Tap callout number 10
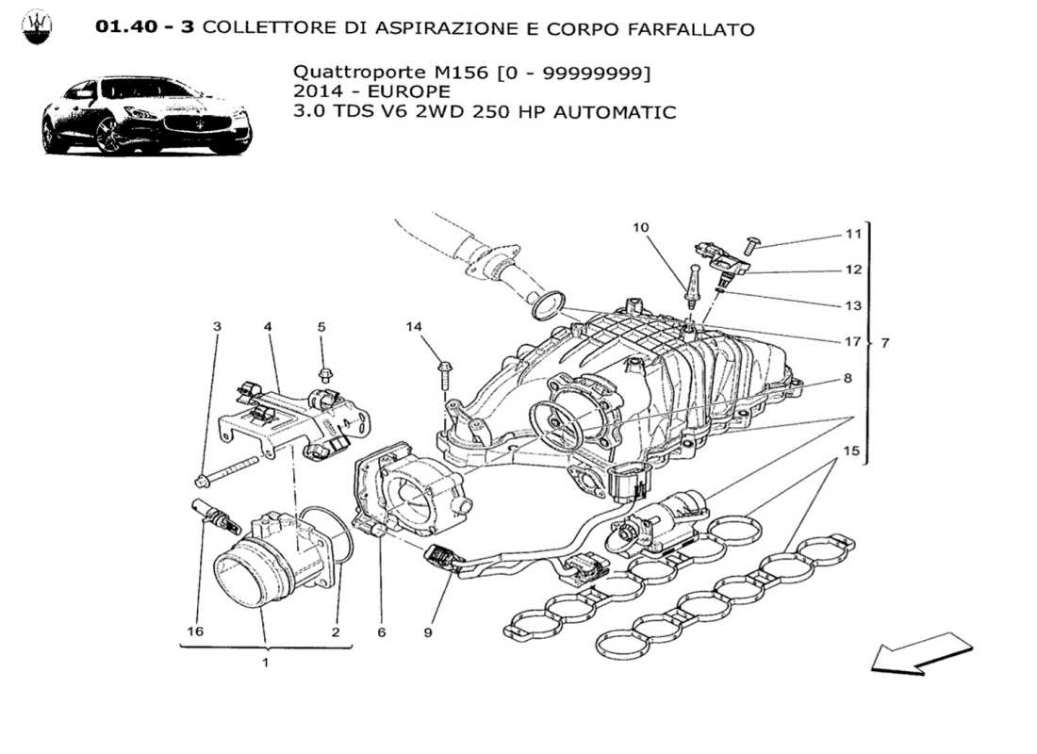click(x=641, y=227)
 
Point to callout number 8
click(x=848, y=379)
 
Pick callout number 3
click(x=217, y=327)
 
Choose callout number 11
click(x=852, y=235)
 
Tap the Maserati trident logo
click(x=38, y=28)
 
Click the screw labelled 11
click(x=752, y=245)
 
